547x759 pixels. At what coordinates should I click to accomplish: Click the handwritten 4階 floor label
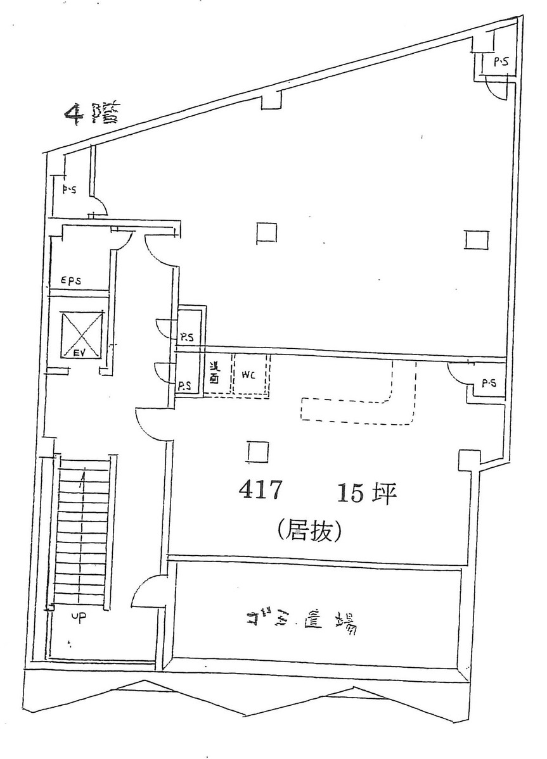point(89,115)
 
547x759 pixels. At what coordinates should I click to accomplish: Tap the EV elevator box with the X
point(81,334)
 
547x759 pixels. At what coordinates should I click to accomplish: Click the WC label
point(247,374)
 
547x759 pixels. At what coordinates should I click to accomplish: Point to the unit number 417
point(260,491)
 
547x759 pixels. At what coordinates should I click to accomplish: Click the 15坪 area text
point(366,492)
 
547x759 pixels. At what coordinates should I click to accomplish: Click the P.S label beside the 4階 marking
point(69,189)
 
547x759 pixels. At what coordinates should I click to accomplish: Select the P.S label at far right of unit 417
point(489,383)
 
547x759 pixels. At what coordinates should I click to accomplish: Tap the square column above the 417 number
point(257,452)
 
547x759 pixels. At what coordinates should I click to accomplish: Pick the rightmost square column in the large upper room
point(477,240)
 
